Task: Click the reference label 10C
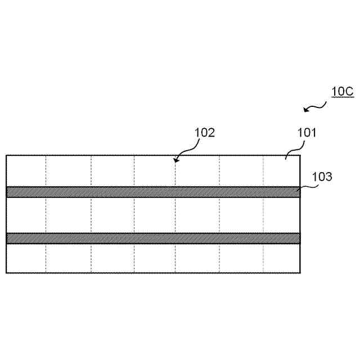click(342, 91)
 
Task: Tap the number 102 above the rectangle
click(205, 133)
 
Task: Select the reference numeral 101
click(307, 133)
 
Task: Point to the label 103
click(322, 177)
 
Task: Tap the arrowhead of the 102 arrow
click(175, 161)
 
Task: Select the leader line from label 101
click(292, 149)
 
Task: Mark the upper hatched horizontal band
click(153, 192)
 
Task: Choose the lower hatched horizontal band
click(153, 238)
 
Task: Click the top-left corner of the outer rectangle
click(6, 155)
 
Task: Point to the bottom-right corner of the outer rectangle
click(300, 273)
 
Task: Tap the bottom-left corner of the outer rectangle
click(6, 273)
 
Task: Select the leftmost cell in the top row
click(26, 171)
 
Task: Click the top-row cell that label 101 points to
click(282, 171)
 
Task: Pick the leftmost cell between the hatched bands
click(26, 215)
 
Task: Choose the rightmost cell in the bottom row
click(282, 258)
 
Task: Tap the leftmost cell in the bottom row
click(26, 258)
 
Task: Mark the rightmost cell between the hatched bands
click(282, 215)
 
